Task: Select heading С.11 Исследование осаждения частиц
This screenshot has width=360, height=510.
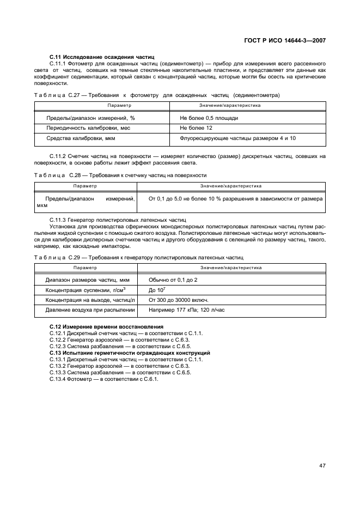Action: pos(102,57)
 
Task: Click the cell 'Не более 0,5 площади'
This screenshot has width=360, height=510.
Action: pos(209,118)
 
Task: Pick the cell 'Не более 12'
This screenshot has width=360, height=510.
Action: pos(196,128)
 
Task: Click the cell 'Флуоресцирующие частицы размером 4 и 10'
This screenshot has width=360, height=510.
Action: pos(237,138)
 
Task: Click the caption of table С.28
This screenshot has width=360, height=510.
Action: pos(120,175)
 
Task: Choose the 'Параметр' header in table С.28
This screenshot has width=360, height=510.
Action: pos(85,186)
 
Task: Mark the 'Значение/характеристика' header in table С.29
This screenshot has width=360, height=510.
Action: pos(230,268)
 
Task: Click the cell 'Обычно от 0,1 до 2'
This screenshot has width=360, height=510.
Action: pos(173,280)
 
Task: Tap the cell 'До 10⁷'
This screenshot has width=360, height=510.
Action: pos(157,290)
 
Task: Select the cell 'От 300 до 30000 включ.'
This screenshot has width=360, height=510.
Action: pos(178,300)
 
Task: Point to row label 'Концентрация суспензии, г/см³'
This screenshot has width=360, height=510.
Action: pos(86,290)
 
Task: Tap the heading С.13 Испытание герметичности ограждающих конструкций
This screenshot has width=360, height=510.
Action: pos(130,353)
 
